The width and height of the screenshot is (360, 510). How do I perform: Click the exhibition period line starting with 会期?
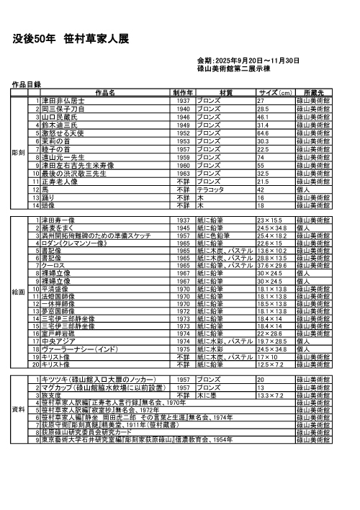[x=248, y=61]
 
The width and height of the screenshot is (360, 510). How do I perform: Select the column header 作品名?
[x=105, y=93]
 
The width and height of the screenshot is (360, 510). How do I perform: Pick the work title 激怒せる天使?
[x=64, y=133]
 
